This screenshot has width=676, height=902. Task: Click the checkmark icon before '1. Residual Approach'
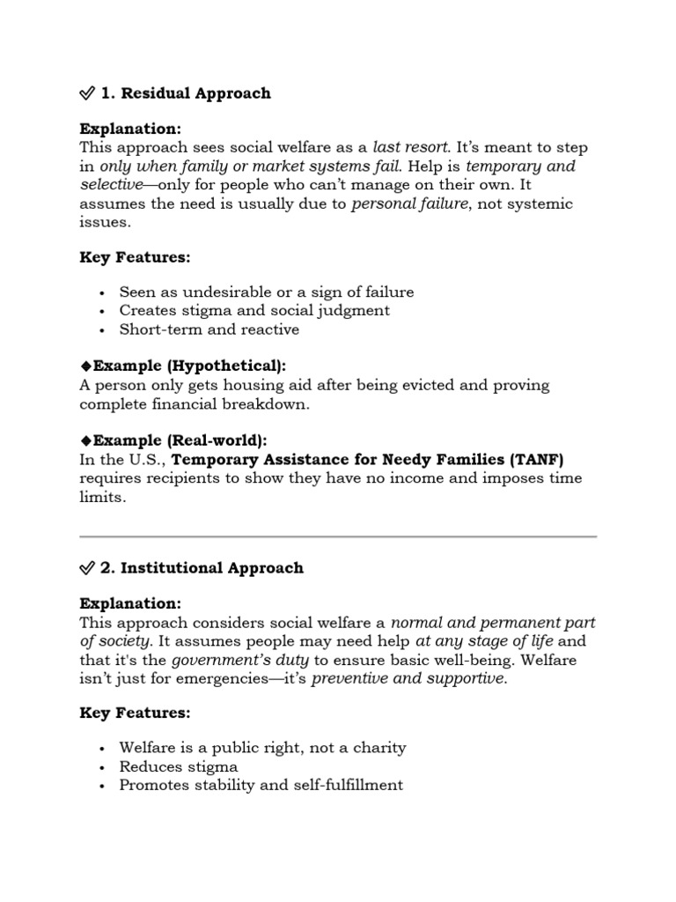(x=87, y=93)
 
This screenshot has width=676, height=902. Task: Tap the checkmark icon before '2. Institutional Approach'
(x=87, y=568)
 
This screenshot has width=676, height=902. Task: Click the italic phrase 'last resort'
(x=411, y=147)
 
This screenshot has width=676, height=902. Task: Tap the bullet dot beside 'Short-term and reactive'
(x=103, y=330)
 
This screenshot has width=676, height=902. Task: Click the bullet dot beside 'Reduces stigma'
(x=103, y=766)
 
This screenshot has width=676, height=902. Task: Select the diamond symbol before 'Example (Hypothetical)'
(x=85, y=366)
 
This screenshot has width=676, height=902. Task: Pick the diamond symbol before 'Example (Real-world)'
(x=85, y=440)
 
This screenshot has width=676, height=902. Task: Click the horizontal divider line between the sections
(x=338, y=536)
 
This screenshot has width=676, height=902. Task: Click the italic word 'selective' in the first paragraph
(x=109, y=185)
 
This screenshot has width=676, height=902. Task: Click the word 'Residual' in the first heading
(x=152, y=93)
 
